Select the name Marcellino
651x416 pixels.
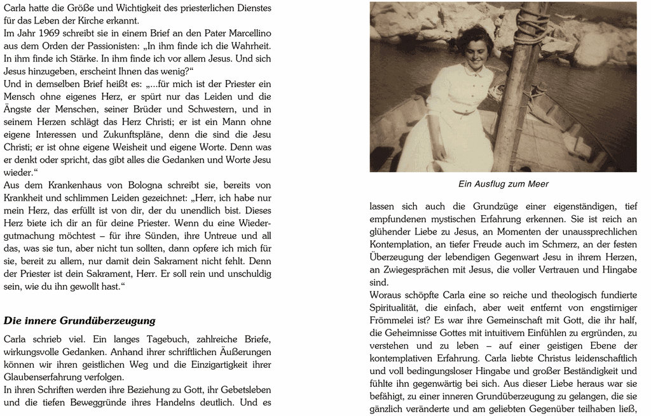click(x=243, y=33)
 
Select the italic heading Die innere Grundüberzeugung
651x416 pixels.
click(x=79, y=321)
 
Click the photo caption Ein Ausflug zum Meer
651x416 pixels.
click(x=503, y=184)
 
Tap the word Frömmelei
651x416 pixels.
click(x=395, y=320)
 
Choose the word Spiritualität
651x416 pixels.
click(x=398, y=307)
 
